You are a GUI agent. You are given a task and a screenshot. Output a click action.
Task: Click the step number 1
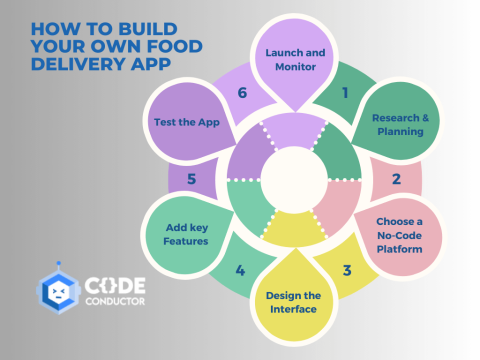point(345,93)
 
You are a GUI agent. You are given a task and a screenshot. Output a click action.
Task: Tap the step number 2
point(396,180)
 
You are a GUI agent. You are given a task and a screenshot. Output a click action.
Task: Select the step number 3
point(346,269)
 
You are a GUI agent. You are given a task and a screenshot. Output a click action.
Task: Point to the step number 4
point(240,269)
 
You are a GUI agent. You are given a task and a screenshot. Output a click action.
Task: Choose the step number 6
point(240,92)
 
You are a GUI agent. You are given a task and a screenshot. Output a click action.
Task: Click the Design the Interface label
point(294,301)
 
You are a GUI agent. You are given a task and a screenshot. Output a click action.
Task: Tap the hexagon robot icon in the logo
point(59,291)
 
